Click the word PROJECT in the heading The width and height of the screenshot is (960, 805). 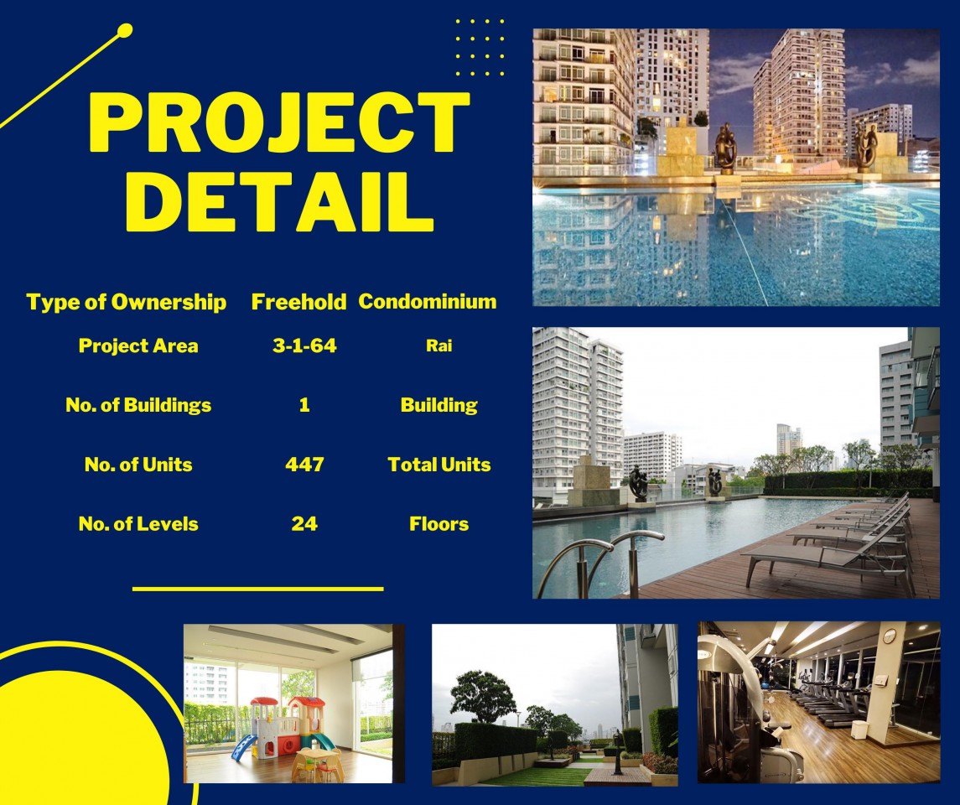279,122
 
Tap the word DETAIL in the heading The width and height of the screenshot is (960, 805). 279,201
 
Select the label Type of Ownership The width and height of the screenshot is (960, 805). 126,302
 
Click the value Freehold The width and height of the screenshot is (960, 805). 298,301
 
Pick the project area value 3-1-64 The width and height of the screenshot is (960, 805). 304,345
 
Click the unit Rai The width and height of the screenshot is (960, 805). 439,345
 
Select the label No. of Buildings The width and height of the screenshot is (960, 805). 138,405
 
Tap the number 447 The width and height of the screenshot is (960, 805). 304,464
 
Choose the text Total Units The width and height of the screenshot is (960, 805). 439,464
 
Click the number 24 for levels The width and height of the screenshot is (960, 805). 304,523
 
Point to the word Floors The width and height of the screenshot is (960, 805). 439,523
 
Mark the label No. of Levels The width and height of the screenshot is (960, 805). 138,523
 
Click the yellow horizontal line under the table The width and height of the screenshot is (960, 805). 257,589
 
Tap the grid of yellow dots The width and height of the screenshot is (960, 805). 480,47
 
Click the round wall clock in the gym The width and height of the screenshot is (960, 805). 890,636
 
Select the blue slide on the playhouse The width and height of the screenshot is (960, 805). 244,748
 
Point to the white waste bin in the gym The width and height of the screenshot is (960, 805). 860,729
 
